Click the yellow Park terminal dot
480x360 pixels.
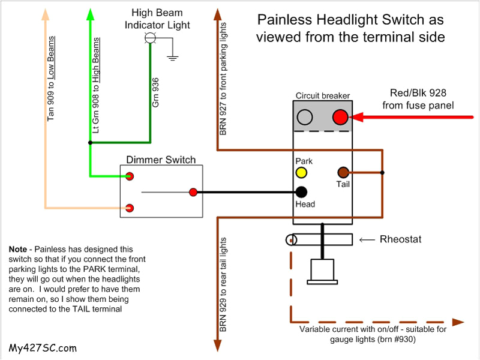pyautogui.click(x=301, y=173)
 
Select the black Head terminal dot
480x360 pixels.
pyautogui.click(x=301, y=192)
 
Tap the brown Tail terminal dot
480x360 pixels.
pyautogui.click(x=344, y=173)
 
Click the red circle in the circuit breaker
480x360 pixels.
pyautogui.click(x=341, y=117)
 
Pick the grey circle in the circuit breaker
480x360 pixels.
pyautogui.click(x=305, y=117)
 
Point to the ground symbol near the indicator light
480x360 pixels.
pyautogui.click(x=173, y=58)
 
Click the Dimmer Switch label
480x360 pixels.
pyautogui.click(x=161, y=160)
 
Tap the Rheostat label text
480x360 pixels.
pyautogui.click(x=401, y=239)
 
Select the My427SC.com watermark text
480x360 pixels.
pyautogui.click(x=43, y=347)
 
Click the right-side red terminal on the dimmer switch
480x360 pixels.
pyautogui.click(x=193, y=193)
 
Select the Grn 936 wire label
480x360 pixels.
pyautogui.click(x=156, y=92)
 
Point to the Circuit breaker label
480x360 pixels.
pyautogui.click(x=323, y=95)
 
